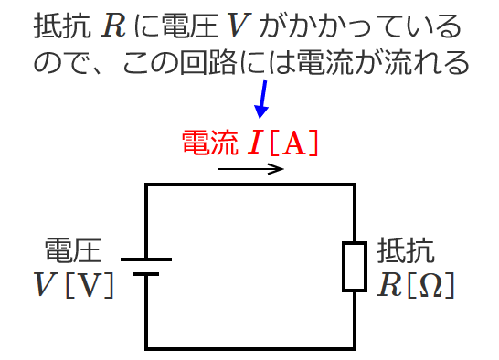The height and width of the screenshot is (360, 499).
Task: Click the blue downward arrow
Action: (x=264, y=98)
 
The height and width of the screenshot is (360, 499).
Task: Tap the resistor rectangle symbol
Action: (x=354, y=266)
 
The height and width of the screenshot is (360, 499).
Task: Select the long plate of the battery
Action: (x=146, y=259)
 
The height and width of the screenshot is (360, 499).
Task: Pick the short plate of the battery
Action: (x=146, y=273)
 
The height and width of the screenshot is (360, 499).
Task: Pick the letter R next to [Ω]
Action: (x=389, y=285)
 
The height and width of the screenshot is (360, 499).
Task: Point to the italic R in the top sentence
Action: (x=114, y=26)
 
